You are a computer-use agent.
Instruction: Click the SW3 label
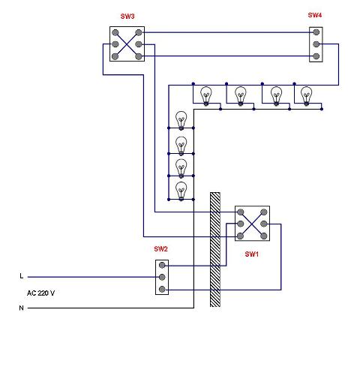[127, 17]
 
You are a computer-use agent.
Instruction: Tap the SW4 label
[315, 15]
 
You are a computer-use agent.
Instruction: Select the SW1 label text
[251, 254]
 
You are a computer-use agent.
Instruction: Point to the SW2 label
[160, 249]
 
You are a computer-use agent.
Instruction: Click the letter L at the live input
[22, 276]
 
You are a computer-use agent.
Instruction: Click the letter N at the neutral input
[22, 308]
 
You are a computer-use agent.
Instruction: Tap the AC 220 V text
[40, 293]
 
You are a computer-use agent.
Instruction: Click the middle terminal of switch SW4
[316, 44]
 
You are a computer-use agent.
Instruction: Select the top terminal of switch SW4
[316, 32]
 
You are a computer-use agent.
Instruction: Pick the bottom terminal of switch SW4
[316, 56]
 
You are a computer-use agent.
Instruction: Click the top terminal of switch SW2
[162, 265]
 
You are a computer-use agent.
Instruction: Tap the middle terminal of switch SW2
[162, 277]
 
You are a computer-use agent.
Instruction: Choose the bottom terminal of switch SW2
[162, 290]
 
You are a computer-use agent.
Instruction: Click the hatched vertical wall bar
[215, 250]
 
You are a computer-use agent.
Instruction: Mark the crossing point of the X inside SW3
[127, 44]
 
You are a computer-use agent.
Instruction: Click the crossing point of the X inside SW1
[252, 224]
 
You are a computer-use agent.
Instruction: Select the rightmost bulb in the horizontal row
[307, 96]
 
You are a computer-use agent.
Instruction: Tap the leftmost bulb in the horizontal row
[206, 96]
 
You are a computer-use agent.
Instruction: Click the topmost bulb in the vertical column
[181, 121]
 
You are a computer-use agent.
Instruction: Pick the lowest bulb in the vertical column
[181, 191]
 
